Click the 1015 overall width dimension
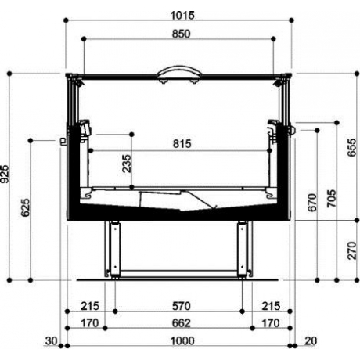pyautogui.click(x=179, y=14)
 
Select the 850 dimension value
pyautogui.click(x=179, y=34)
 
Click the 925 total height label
pyautogui.click(x=5, y=175)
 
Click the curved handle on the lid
pyautogui.click(x=179, y=72)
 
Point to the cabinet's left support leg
pyautogui.click(x=113, y=248)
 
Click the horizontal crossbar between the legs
pyautogui.click(x=178, y=271)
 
